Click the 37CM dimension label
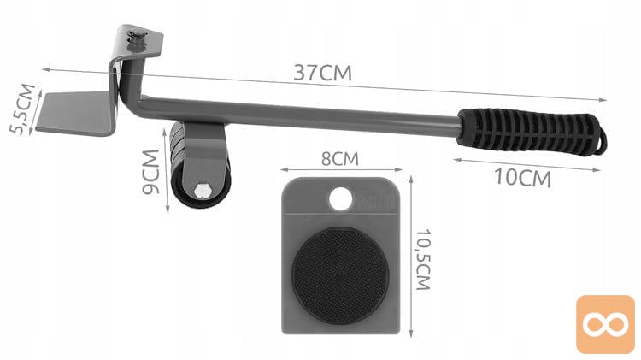tap(322, 73)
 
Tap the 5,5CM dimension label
tap(22, 109)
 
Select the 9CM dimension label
tap(150, 172)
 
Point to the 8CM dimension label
tap(339, 159)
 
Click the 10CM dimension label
tap(522, 178)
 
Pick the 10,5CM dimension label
tap(423, 259)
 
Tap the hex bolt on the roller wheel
tap(201, 191)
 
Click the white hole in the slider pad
tap(340, 198)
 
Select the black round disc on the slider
tap(340, 275)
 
